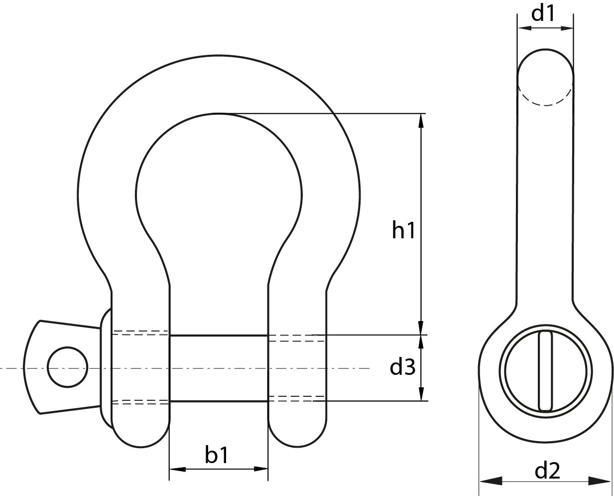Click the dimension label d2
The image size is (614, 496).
(547, 471)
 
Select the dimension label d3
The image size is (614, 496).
(402, 367)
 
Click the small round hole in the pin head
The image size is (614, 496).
(67, 367)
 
